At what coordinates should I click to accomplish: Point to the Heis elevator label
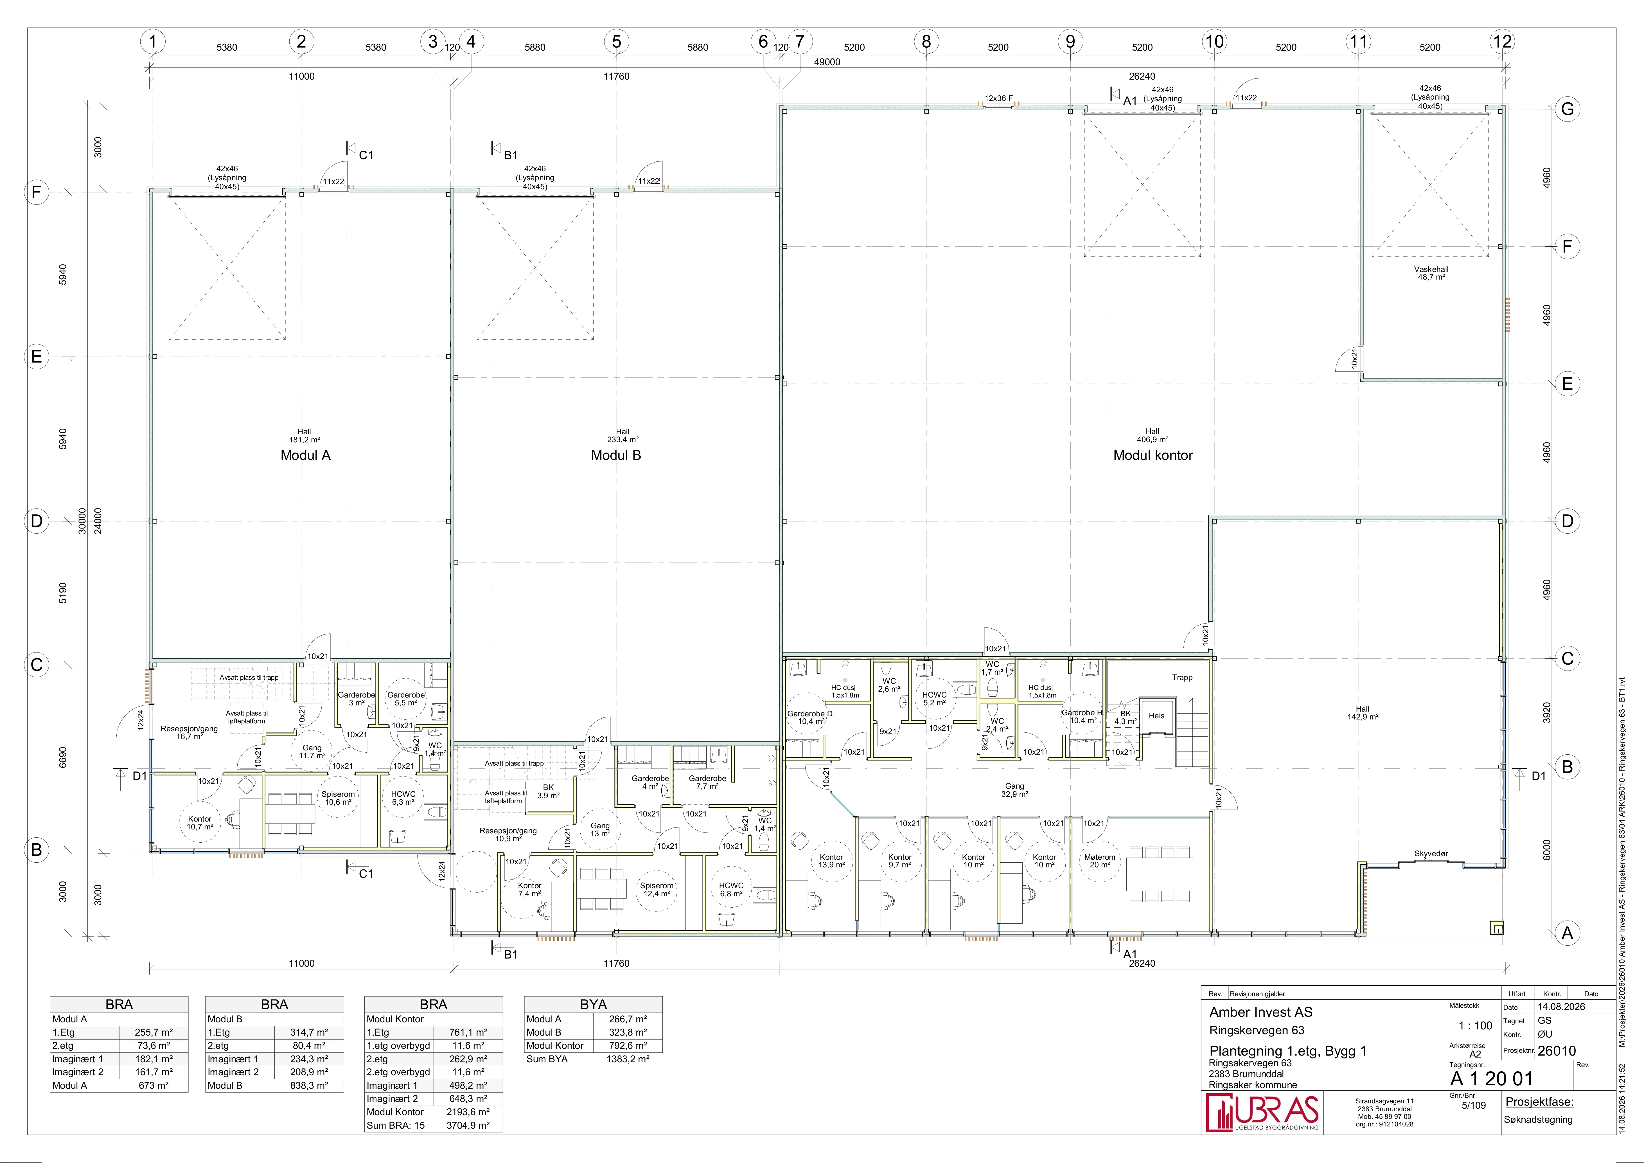pyautogui.click(x=1156, y=716)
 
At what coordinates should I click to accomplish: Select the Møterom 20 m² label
pyautogui.click(x=1100, y=861)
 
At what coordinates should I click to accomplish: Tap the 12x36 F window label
pyautogui.click(x=998, y=98)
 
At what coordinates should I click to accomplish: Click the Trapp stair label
pyautogui.click(x=1182, y=678)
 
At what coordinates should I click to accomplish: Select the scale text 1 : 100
pyautogui.click(x=1476, y=1025)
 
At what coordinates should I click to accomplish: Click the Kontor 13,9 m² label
pyautogui.click(x=831, y=861)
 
